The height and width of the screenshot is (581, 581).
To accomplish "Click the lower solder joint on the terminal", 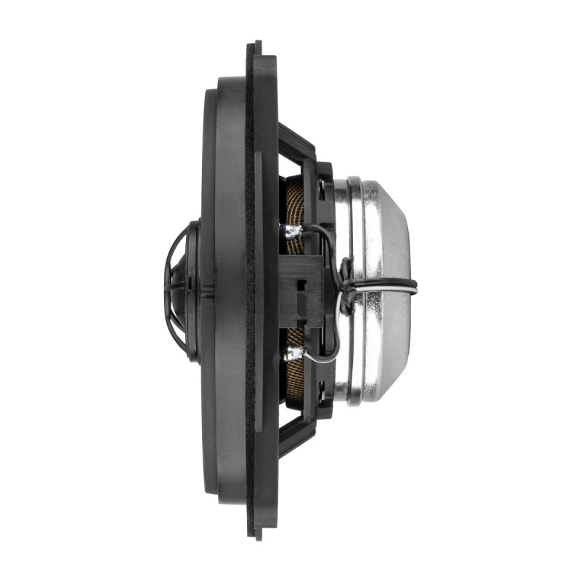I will (x=293, y=354).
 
